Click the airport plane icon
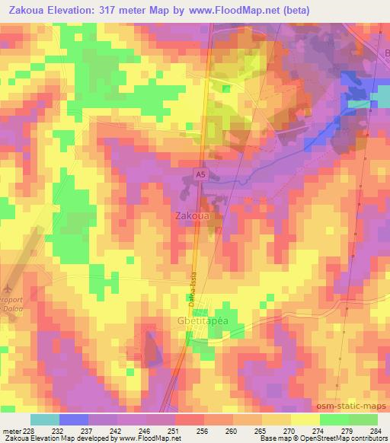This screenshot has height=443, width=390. click(8, 288)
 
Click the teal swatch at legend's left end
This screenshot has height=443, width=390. click(45, 419)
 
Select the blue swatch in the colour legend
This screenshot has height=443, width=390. click(74, 419)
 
